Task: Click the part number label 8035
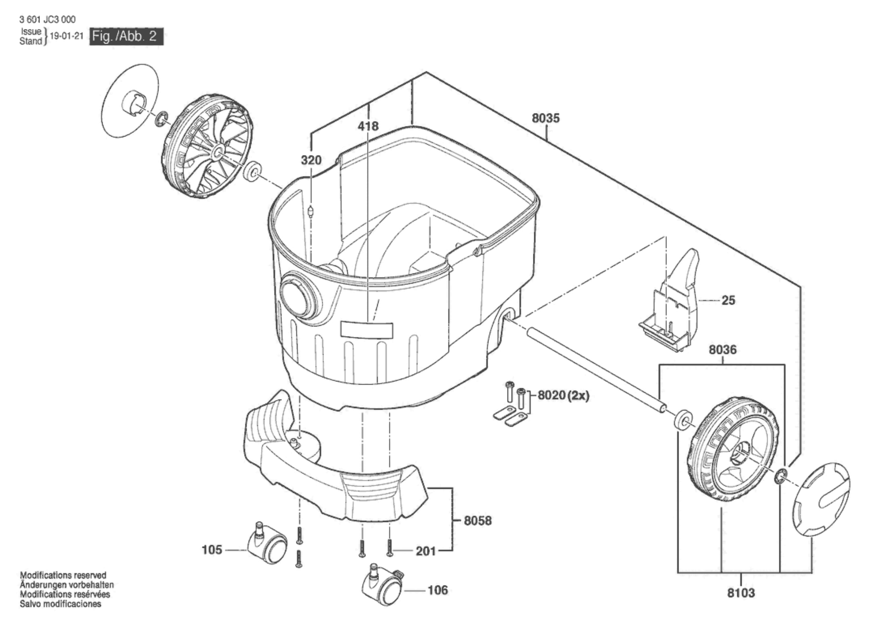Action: (x=546, y=118)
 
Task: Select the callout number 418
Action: (x=368, y=126)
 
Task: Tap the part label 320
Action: (x=311, y=160)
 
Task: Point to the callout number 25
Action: (x=728, y=300)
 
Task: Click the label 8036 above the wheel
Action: (x=723, y=350)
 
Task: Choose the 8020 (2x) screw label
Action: (x=563, y=395)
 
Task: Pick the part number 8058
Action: (x=478, y=521)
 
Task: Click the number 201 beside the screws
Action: (x=426, y=551)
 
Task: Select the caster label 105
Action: (x=212, y=550)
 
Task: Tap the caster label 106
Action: (x=437, y=590)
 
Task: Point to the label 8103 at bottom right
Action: (x=741, y=593)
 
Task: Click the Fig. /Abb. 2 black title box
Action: (x=127, y=36)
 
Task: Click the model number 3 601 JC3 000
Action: (x=48, y=20)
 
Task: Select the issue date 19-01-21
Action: (x=66, y=36)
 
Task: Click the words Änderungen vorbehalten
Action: (x=66, y=585)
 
